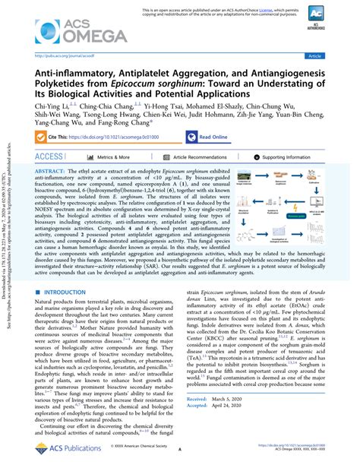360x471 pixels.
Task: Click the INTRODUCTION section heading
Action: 66,271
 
